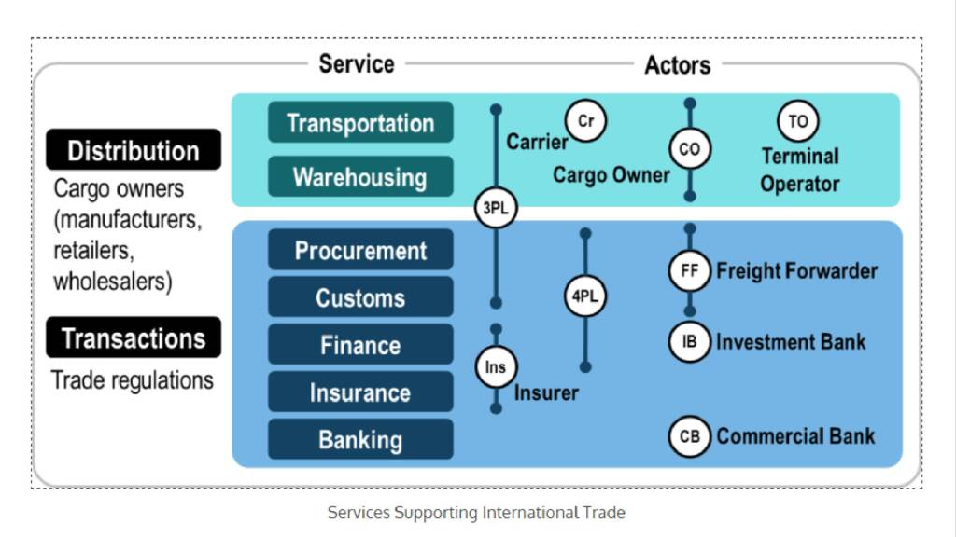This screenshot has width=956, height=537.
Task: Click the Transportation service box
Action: tap(360, 123)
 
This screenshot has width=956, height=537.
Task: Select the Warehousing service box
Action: tap(360, 177)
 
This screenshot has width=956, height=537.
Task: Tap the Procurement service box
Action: tap(360, 250)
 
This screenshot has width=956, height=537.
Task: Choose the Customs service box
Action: tap(360, 297)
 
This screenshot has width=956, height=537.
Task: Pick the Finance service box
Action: tap(360, 345)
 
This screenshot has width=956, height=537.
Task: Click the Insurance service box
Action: tap(360, 392)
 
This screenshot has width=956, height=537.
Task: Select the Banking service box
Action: tap(360, 440)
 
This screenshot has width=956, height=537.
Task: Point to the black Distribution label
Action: tap(134, 150)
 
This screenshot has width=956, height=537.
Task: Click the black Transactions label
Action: tap(134, 337)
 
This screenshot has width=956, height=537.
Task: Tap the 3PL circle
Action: tap(495, 209)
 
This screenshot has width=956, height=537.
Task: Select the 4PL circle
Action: tap(585, 297)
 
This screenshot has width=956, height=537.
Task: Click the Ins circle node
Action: tap(496, 366)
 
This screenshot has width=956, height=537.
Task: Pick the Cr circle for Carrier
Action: tap(586, 121)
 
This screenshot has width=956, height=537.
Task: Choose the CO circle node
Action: tap(689, 149)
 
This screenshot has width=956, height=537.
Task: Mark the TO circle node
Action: tap(797, 121)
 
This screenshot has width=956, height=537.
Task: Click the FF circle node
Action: tap(690, 271)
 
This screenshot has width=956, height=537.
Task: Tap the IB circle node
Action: tap(690, 341)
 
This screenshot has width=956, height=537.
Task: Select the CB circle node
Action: tap(690, 436)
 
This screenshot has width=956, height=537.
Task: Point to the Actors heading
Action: tap(677, 64)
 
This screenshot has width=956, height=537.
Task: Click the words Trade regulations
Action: tap(133, 380)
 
